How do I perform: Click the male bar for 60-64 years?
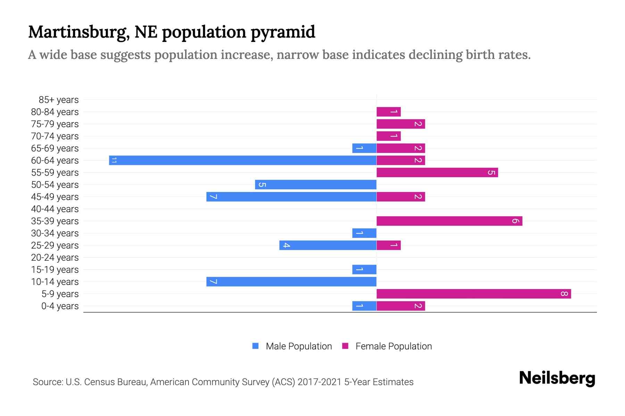(x=243, y=161)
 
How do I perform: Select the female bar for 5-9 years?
(x=474, y=294)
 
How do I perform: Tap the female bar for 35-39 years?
(x=449, y=221)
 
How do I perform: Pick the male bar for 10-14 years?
(x=291, y=282)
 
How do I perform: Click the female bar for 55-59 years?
(x=437, y=173)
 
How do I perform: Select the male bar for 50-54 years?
(x=316, y=185)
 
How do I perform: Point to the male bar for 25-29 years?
(x=328, y=245)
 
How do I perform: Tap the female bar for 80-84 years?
(x=389, y=112)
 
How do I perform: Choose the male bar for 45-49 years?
(x=291, y=197)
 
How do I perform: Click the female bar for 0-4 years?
(x=401, y=306)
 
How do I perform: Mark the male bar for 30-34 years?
(x=364, y=233)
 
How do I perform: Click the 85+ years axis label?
(x=59, y=100)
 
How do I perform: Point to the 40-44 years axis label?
(x=55, y=209)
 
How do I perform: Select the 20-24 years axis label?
(x=55, y=258)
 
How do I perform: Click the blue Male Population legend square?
(x=256, y=346)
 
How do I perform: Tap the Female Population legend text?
(x=393, y=346)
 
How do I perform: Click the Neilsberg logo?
(x=557, y=378)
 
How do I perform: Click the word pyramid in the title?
(x=283, y=32)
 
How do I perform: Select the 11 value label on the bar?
(x=114, y=161)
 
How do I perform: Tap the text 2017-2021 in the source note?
(x=319, y=382)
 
